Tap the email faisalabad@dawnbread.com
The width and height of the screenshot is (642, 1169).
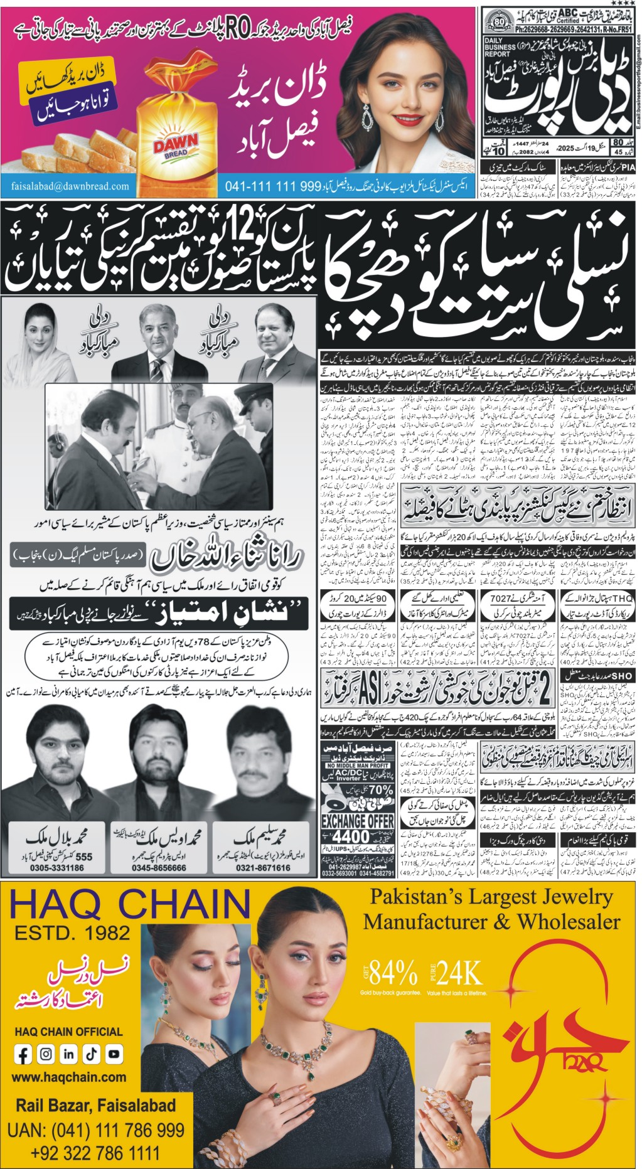70,186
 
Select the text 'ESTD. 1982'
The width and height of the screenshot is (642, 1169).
72,932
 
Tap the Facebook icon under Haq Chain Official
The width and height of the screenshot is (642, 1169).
24,1055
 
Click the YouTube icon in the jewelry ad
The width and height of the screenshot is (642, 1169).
114,1055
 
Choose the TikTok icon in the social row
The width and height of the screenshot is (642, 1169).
91,1055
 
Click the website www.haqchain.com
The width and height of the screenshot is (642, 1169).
69,1077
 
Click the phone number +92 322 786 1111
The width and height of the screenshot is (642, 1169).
95,1153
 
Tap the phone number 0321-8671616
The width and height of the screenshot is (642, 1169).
263,868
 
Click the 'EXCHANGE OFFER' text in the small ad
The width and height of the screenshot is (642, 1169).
357,821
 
